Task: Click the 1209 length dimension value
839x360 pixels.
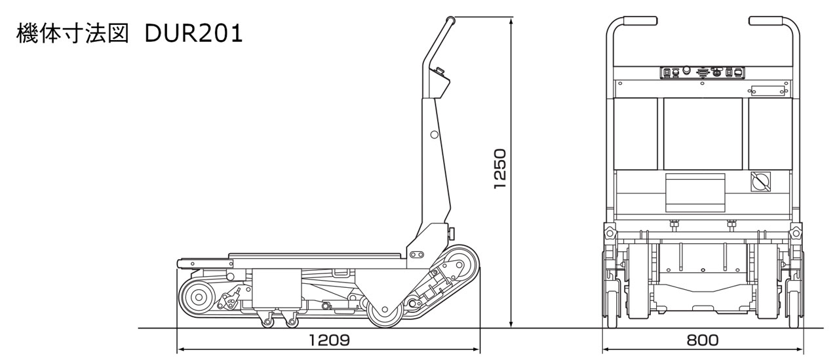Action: [329, 340]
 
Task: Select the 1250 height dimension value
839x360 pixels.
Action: [500, 169]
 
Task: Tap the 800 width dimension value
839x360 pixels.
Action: [702, 340]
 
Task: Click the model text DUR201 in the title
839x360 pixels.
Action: [193, 33]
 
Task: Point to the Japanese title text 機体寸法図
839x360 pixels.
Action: [73, 33]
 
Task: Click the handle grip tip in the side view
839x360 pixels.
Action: [450, 20]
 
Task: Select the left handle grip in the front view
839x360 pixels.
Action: [640, 21]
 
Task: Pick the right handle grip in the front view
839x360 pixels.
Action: [766, 21]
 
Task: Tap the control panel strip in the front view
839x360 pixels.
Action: [702, 73]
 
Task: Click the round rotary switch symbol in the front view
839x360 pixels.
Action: [761, 182]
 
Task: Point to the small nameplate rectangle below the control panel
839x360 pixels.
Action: [768, 91]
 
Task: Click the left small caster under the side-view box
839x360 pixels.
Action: [267, 321]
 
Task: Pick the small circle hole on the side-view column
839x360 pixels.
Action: [435, 134]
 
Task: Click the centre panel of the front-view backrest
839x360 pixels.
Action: [703, 134]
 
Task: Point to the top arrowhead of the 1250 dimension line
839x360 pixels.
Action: [511, 21]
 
